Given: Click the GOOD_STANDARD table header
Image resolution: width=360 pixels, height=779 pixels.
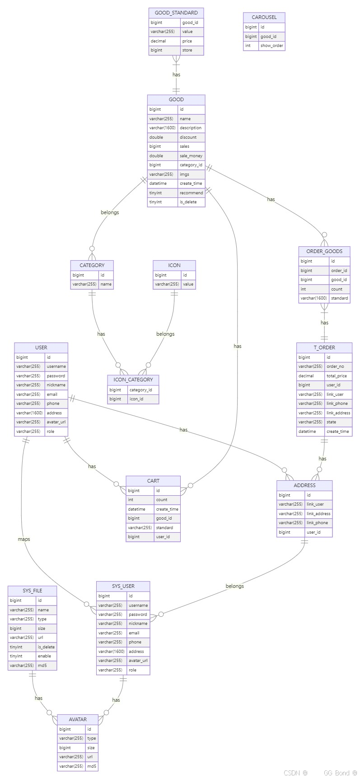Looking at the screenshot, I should (176, 13).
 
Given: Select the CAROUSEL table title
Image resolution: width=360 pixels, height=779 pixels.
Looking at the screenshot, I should (264, 17).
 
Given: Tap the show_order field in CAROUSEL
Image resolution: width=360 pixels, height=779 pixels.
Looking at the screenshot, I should (271, 46).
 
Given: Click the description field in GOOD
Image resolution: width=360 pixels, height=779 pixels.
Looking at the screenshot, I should (190, 128).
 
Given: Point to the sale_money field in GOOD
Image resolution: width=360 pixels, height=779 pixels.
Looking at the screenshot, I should (191, 156).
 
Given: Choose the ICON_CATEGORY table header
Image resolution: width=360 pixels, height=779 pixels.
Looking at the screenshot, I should (133, 380).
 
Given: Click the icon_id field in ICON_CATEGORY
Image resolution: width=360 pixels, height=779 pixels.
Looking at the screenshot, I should (136, 399).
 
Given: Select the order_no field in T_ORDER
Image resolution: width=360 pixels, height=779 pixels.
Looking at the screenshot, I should (335, 366).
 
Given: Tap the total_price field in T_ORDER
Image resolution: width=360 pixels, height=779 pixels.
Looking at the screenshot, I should (337, 376).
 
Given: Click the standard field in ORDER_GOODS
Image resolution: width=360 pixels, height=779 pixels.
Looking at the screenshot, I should (339, 298).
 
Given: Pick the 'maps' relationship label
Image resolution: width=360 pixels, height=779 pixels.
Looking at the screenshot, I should (24, 539).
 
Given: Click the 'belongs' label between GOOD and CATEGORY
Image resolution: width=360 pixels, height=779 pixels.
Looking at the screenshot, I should (110, 212).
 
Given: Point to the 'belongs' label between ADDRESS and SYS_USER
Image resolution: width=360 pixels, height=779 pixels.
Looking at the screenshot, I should (234, 586).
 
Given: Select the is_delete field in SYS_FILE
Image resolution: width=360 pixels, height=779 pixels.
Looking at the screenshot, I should (46, 647).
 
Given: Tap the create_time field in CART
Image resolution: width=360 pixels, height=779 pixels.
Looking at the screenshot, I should (167, 509).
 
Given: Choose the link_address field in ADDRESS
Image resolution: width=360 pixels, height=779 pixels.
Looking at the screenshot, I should (318, 514).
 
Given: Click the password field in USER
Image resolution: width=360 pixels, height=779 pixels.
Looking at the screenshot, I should (56, 376).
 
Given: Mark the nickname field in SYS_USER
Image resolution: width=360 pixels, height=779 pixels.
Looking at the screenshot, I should (138, 624).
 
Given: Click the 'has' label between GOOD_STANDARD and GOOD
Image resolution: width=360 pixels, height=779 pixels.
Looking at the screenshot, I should (176, 75).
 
